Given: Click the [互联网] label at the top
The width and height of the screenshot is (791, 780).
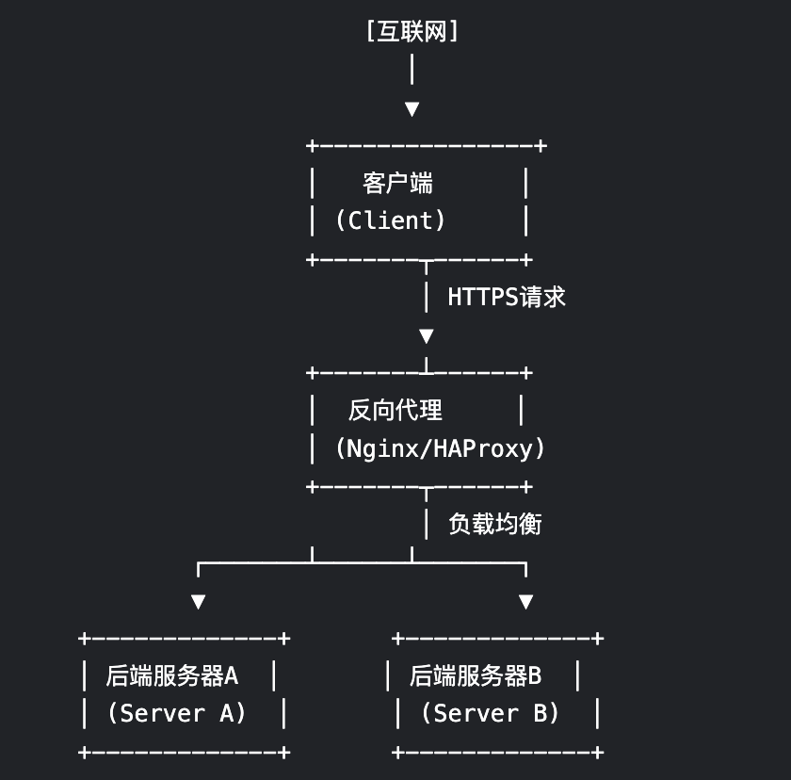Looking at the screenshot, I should pos(412,32).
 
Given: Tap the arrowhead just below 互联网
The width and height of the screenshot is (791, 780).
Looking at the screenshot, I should pos(412,109).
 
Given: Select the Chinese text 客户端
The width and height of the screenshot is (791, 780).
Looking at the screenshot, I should pos(397,182).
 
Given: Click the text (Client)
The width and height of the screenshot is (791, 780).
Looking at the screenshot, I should pos(391,220).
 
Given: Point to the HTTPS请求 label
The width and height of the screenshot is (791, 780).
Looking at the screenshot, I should pos(507,297).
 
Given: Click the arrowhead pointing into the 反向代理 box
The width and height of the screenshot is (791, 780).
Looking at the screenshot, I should pos(427,336).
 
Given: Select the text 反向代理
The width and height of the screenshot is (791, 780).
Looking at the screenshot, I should pos(395,410).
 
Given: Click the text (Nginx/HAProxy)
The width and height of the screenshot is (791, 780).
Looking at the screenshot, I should pos(440,448).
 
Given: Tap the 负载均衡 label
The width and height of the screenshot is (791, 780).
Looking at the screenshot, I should pos(495,524).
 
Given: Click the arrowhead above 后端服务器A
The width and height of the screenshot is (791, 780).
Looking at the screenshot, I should pos(198,601).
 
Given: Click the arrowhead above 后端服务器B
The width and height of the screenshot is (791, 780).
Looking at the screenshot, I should pos(526,601).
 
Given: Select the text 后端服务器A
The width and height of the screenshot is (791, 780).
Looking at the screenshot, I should pos(172,675).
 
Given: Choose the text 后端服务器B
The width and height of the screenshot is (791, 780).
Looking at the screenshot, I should pos(476,675).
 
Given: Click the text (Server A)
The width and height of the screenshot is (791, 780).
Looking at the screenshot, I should pos(177,713).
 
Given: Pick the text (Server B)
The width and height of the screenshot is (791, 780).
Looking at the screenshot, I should pos(490,713).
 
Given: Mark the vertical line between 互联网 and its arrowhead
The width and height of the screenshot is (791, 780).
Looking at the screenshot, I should pos(412,71).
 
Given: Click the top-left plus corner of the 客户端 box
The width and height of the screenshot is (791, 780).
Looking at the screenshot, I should pos(312,146).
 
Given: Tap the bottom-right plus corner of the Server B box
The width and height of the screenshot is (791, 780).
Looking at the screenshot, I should pos(596,752).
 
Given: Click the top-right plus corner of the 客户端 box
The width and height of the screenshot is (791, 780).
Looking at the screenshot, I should pos(541,146).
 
